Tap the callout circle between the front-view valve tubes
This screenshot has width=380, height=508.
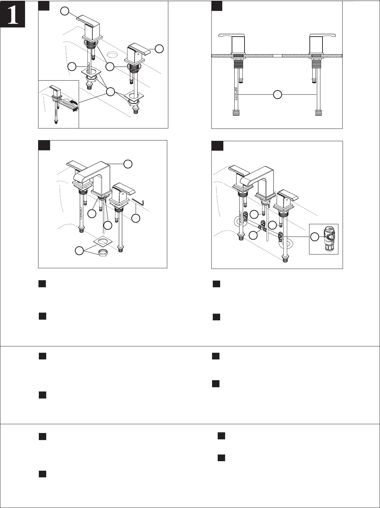pos(278,95)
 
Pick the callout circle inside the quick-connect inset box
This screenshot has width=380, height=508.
pos(314,237)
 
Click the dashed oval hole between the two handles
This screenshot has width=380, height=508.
pos(112,55)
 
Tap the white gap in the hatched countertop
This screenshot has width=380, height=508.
pos(278,56)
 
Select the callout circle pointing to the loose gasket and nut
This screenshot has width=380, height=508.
pos(80,251)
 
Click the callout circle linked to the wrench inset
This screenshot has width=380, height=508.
pos(111,92)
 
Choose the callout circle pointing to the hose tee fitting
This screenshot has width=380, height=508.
pos(253,235)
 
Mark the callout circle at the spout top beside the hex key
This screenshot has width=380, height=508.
pos(128,164)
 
